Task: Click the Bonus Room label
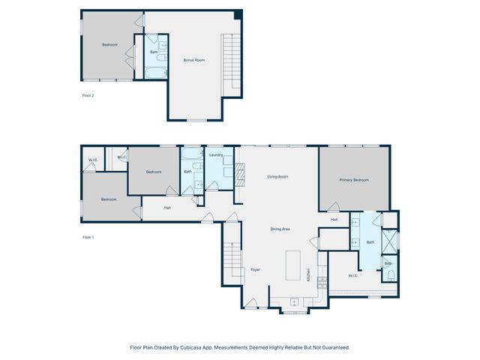pyautogui.click(x=194, y=60)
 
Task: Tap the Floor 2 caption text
pyautogui.click(x=88, y=95)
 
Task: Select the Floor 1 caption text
pyautogui.click(x=88, y=237)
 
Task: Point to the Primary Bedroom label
pyautogui.click(x=353, y=180)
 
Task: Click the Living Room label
pyautogui.click(x=278, y=177)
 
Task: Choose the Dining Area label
pyautogui.click(x=280, y=229)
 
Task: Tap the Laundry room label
pyautogui.click(x=217, y=154)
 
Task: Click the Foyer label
pyautogui.click(x=255, y=269)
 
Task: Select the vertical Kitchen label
pyautogui.click(x=308, y=275)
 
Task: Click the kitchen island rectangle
pyautogui.click(x=293, y=265)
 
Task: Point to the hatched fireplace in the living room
pyautogui.click(x=241, y=175)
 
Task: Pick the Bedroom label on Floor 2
pyautogui.click(x=109, y=45)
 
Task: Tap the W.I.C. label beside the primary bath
pyautogui.click(x=353, y=275)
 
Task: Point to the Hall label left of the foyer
pyautogui.click(x=167, y=207)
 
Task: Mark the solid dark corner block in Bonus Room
pyautogui.click(x=238, y=15)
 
